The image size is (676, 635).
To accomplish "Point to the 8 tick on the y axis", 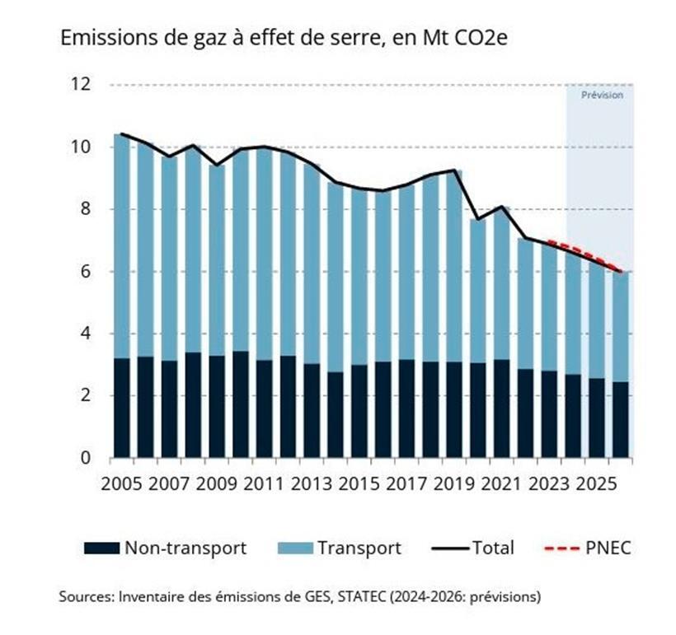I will pos(83,209).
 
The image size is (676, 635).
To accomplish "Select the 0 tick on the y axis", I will pos(83,458).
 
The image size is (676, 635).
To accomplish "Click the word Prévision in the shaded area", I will pos(602,95).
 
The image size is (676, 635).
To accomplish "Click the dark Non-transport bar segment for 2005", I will pos(121,408).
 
